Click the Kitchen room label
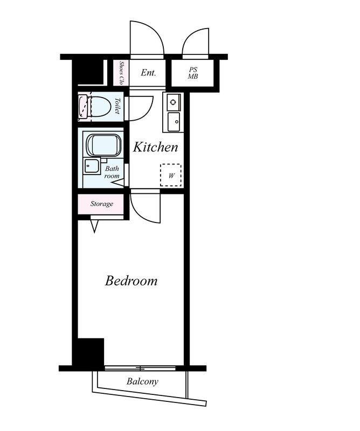point(155,147)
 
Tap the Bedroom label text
point(131,281)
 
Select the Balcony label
point(142,381)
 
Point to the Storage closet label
point(102,204)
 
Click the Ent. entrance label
point(149,73)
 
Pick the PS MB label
point(193,73)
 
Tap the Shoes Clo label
point(121,73)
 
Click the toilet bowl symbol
point(100,107)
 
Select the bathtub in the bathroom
point(103,145)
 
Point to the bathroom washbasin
point(92,166)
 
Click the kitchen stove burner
point(173,102)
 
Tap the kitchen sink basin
point(174,122)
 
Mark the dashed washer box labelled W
point(171,175)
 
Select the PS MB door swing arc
point(188,37)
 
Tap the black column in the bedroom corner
point(91,352)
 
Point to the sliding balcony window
point(141,368)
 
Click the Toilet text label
point(117,106)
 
